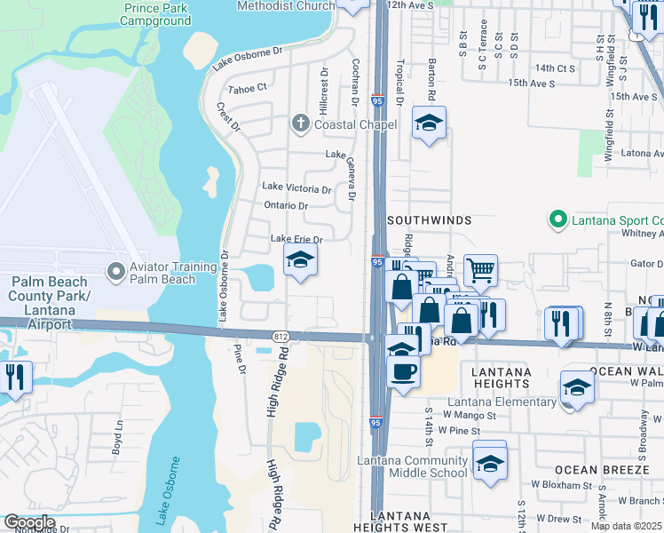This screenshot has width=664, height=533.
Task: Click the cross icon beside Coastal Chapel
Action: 301,124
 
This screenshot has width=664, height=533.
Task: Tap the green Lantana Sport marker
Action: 557,219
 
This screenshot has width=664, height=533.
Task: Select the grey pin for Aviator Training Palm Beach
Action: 115,270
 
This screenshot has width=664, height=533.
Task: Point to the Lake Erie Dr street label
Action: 296,239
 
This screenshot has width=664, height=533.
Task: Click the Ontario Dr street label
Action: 286,206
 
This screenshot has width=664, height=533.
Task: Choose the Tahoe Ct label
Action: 248,89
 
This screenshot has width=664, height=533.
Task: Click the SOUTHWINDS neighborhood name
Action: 428,219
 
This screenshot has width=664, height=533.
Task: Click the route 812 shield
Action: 281,335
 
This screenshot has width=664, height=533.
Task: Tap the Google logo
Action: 28,522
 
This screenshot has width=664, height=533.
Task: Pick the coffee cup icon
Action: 402,370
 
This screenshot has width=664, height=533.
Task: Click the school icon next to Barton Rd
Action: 429,124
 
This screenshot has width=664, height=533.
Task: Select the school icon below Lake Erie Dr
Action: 300,260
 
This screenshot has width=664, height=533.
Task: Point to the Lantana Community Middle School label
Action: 412,466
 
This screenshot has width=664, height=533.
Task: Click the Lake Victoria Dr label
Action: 296,188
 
